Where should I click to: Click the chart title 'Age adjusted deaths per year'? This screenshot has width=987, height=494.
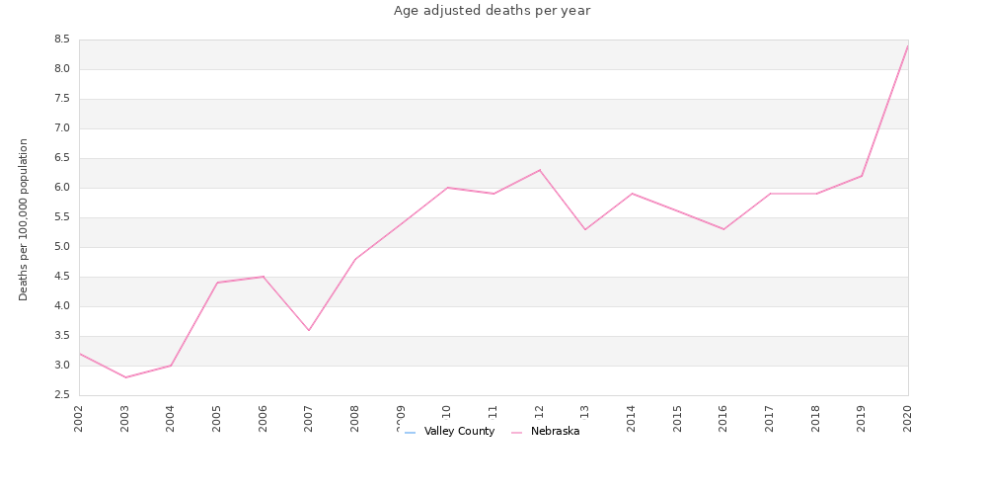point(492,11)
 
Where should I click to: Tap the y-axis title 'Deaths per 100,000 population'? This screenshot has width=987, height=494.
point(24,219)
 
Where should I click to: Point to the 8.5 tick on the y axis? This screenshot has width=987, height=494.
point(61,40)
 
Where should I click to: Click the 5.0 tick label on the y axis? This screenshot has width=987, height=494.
point(61,247)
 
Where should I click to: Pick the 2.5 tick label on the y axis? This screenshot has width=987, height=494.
point(61,395)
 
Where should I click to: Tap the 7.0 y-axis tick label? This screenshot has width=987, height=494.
point(61,128)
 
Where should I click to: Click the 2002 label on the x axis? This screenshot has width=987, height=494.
point(79,417)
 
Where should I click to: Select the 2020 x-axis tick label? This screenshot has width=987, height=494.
point(908,417)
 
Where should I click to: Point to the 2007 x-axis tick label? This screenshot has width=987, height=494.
point(309,417)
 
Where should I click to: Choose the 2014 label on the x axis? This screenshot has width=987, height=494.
point(632,417)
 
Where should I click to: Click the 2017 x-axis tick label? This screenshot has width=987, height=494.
point(770,417)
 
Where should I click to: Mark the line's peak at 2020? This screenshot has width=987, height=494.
point(908,45)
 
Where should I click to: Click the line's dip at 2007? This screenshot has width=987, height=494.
point(309,330)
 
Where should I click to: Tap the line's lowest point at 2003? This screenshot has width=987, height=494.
point(125,377)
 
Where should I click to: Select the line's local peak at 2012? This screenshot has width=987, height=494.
point(540,170)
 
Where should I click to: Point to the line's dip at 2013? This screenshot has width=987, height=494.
point(585,229)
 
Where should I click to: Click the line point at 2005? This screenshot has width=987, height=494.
point(217,283)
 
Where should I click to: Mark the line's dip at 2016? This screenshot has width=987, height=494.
point(723,229)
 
